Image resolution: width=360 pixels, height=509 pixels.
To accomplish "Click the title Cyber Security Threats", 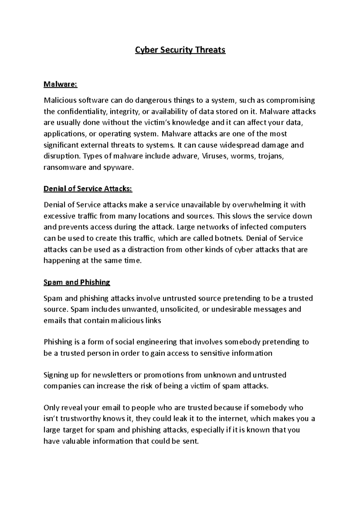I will point(180,50).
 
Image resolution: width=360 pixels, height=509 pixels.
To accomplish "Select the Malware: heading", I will point(60,85).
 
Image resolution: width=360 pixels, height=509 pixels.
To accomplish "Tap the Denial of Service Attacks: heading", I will point(88,189).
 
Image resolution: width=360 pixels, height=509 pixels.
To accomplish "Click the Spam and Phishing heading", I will point(77,282).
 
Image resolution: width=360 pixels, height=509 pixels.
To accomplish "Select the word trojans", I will point(270,156).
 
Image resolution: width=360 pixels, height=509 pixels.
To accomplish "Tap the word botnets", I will point(229,238).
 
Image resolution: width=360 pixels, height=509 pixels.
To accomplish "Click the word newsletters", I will point(110,375).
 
